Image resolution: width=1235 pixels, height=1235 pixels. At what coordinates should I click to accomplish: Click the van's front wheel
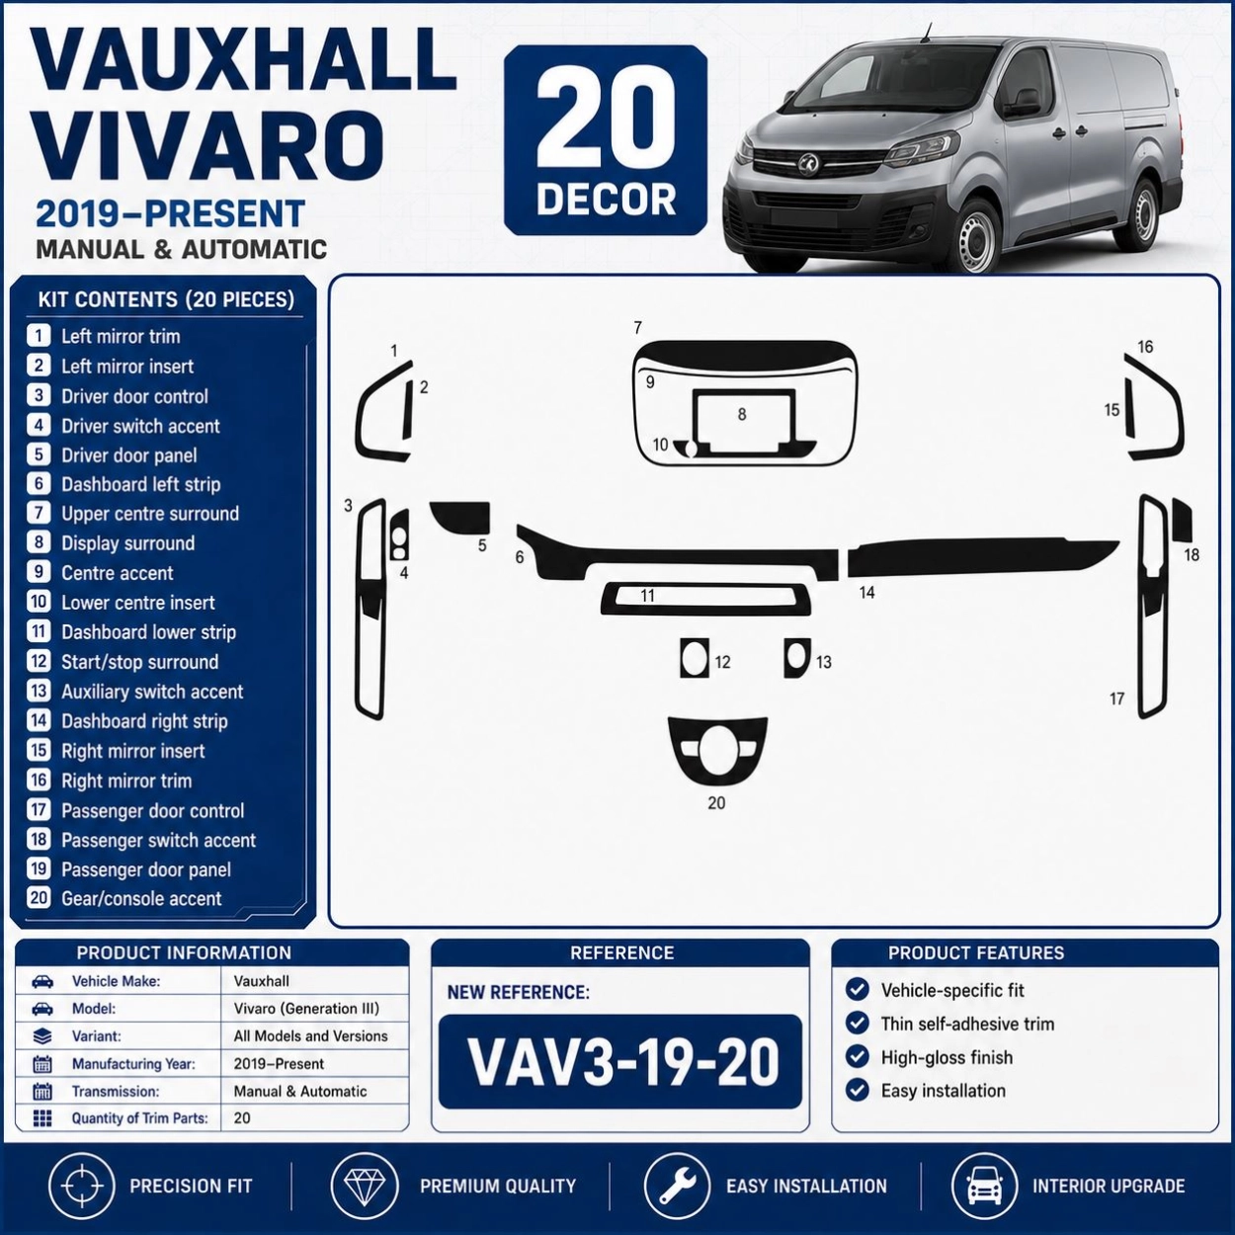975,235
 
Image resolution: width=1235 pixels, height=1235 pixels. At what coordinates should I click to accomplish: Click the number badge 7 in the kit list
39,513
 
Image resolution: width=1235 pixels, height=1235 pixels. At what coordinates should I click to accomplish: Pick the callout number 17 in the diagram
1116,699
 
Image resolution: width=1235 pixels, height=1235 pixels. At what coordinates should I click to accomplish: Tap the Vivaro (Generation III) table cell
306,1009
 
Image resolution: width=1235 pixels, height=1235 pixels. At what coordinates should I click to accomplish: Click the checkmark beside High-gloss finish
857,1057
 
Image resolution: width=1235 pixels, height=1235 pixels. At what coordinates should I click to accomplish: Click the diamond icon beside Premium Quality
364,1186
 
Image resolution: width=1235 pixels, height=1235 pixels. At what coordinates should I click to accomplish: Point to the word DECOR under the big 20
606,200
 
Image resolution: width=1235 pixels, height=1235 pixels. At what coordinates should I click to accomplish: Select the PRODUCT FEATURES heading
976,953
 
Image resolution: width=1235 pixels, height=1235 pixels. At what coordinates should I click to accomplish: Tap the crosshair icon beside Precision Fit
81,1186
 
